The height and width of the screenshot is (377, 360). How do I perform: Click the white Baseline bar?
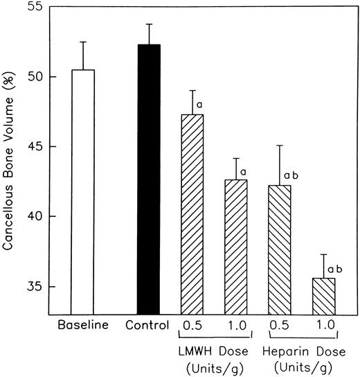tap(84, 191)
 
